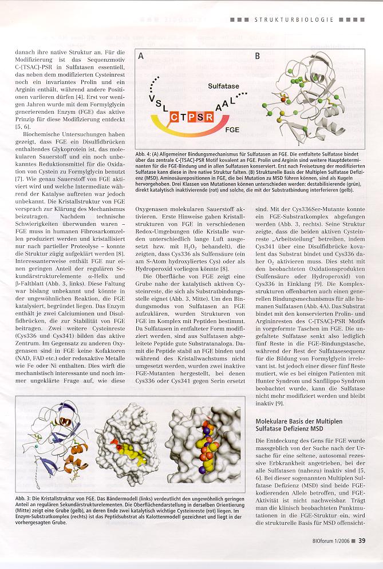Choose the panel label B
[x=258, y=56]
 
